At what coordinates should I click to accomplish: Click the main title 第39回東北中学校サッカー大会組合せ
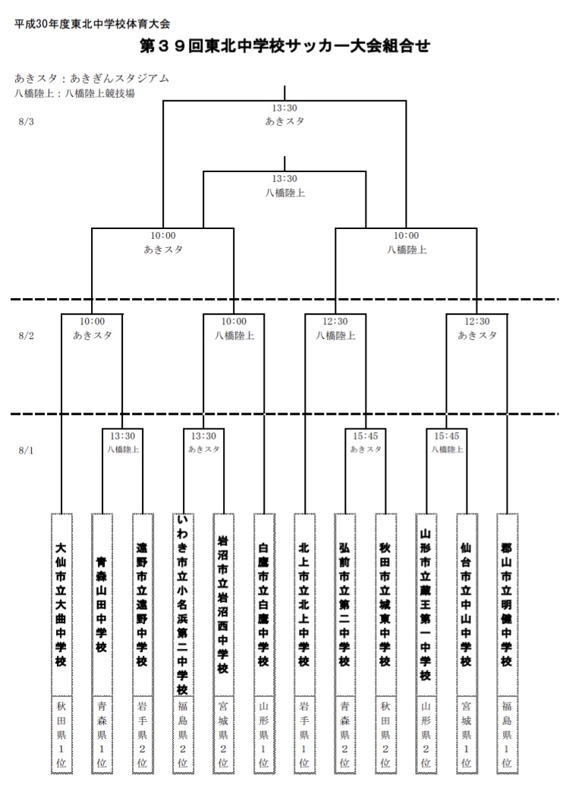(x=284, y=47)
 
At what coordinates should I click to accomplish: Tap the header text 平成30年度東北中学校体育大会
(x=92, y=24)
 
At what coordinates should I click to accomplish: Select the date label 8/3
(x=26, y=122)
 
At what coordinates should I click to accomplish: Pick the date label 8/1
(x=26, y=450)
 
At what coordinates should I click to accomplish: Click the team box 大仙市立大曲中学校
(x=61, y=603)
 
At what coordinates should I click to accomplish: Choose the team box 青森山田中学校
(x=102, y=603)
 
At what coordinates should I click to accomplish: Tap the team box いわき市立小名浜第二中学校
(x=183, y=603)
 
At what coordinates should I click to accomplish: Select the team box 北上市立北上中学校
(x=304, y=603)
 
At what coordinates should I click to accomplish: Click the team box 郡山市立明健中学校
(x=507, y=603)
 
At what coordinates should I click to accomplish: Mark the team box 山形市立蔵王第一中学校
(x=426, y=603)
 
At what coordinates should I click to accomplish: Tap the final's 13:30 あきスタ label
(x=284, y=115)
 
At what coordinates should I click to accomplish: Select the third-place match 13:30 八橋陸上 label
(x=284, y=186)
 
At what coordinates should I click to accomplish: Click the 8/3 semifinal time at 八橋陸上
(x=407, y=236)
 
